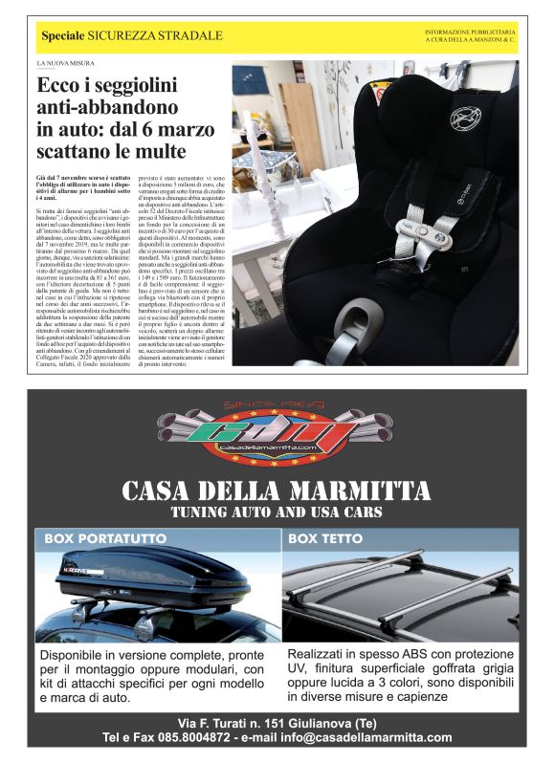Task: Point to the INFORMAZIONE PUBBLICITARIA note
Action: [x=470, y=33]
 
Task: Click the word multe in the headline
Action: [x=159, y=150]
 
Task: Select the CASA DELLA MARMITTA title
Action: [x=277, y=491]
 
